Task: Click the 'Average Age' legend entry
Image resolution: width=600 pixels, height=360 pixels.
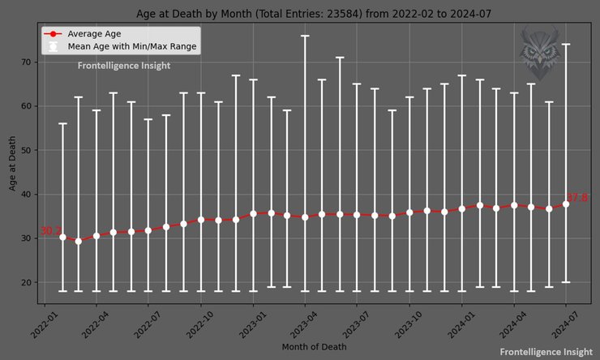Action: (x=93, y=34)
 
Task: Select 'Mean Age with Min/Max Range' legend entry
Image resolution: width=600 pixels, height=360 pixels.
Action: (x=133, y=47)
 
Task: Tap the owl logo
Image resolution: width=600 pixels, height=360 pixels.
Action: (x=539, y=49)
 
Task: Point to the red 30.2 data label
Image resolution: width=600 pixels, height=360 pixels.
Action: (x=50, y=231)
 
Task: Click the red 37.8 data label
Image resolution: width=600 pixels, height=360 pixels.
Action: (x=576, y=198)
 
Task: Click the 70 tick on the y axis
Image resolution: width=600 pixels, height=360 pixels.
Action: (x=26, y=62)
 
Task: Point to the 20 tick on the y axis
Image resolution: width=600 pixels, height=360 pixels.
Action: (x=26, y=282)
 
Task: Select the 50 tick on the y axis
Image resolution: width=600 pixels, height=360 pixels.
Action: (x=26, y=150)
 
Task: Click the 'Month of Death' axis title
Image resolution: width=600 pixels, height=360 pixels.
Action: (x=314, y=347)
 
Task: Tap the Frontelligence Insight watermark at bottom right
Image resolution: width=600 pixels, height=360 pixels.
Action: (x=545, y=352)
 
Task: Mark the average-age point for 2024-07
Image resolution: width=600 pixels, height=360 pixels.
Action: (x=566, y=204)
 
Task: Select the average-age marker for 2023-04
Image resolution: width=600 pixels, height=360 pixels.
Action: (x=305, y=216)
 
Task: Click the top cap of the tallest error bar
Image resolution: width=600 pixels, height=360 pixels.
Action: (x=305, y=36)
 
